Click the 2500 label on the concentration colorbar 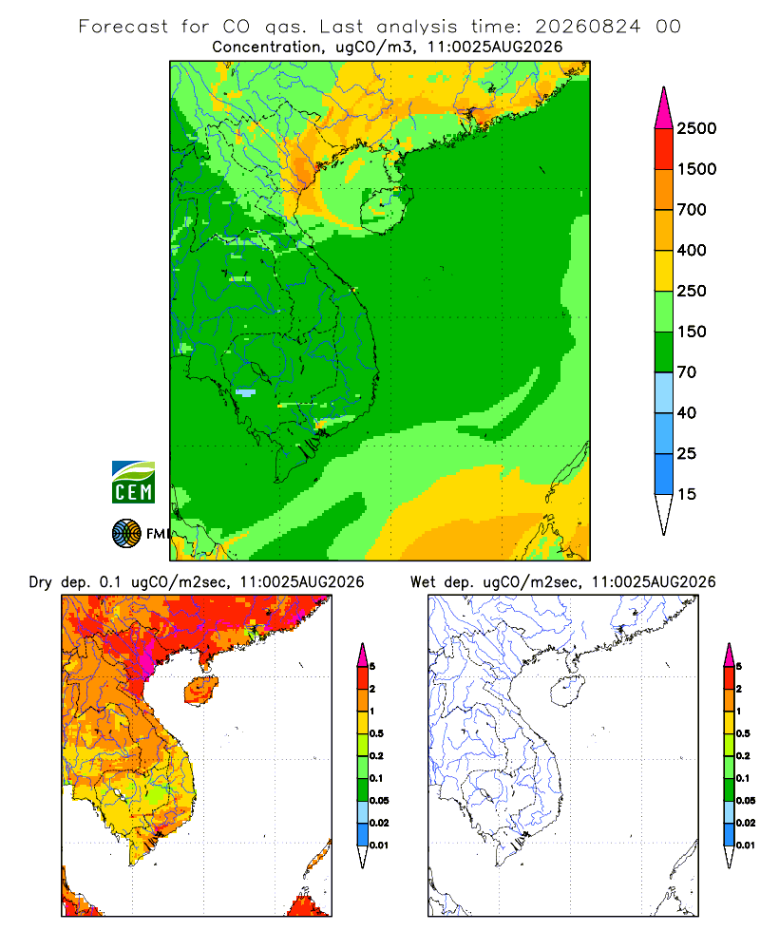[696, 128]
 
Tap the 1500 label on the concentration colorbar [696, 169]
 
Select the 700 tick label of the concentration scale [692, 210]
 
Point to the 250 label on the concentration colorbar [692, 291]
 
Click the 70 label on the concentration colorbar [687, 372]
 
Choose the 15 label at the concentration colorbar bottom [687, 494]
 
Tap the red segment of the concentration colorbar [664, 148]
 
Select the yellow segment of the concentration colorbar [664, 270]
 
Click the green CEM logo [133, 483]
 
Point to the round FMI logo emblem [126, 534]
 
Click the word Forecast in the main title [123, 27]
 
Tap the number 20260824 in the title [587, 27]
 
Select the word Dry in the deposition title [41, 582]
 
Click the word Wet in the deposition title [423, 582]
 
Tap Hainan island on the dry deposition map [201, 690]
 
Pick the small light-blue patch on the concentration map [245, 392]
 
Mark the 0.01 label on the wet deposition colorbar [746, 845]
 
